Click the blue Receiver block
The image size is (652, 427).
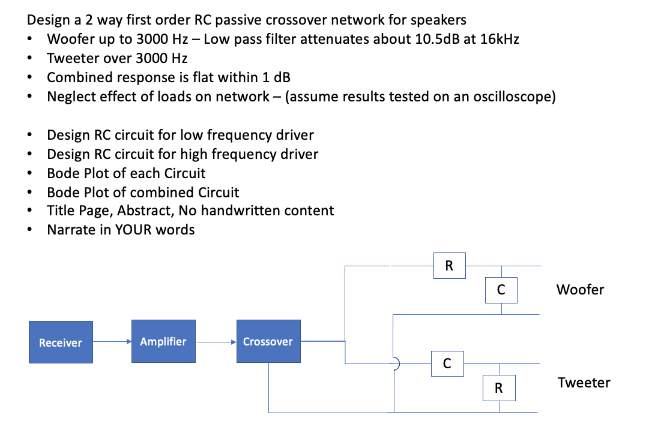[61, 342]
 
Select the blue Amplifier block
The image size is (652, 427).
[163, 341]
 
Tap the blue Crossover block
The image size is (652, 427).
[268, 341]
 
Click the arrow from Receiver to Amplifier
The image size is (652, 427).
[112, 342]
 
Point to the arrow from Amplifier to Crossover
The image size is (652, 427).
[217, 342]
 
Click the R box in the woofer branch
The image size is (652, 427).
[449, 266]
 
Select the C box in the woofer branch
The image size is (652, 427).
[501, 290]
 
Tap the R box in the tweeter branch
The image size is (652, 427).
[498, 388]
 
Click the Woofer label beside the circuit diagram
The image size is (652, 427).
[580, 290]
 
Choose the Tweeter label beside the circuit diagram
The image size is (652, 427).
[584, 383]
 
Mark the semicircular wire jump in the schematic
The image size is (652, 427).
[395, 363]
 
